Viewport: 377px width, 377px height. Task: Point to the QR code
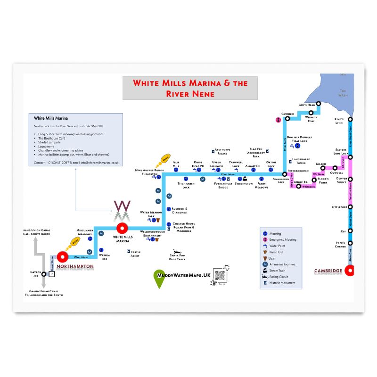click(221, 275)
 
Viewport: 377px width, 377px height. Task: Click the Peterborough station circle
click(285, 174)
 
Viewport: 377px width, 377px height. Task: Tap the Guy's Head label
click(306, 105)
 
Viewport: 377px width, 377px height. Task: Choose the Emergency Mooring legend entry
click(282, 240)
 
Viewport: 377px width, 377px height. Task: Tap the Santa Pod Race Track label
click(178, 257)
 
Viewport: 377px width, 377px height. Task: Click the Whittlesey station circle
click(298, 187)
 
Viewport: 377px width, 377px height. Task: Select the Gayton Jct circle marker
click(44, 274)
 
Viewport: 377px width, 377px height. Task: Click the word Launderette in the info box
click(48, 147)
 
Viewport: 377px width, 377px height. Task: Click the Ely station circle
click(350, 231)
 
